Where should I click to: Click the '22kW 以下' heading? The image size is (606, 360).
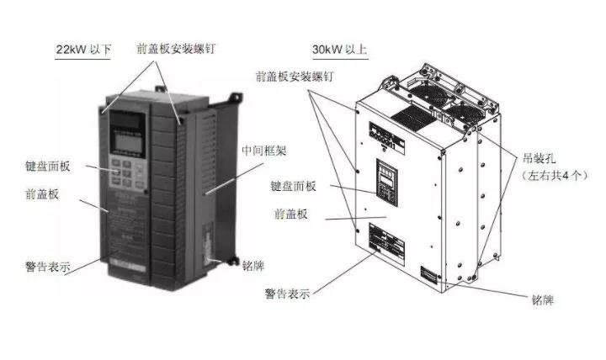[82, 50]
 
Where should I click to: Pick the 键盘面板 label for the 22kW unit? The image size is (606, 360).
[48, 166]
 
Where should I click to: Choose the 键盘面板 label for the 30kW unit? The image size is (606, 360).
[294, 186]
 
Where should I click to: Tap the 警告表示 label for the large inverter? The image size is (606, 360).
[288, 294]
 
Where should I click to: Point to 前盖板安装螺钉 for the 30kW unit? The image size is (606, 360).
[295, 76]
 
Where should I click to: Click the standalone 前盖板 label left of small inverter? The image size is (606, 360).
[42, 193]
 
